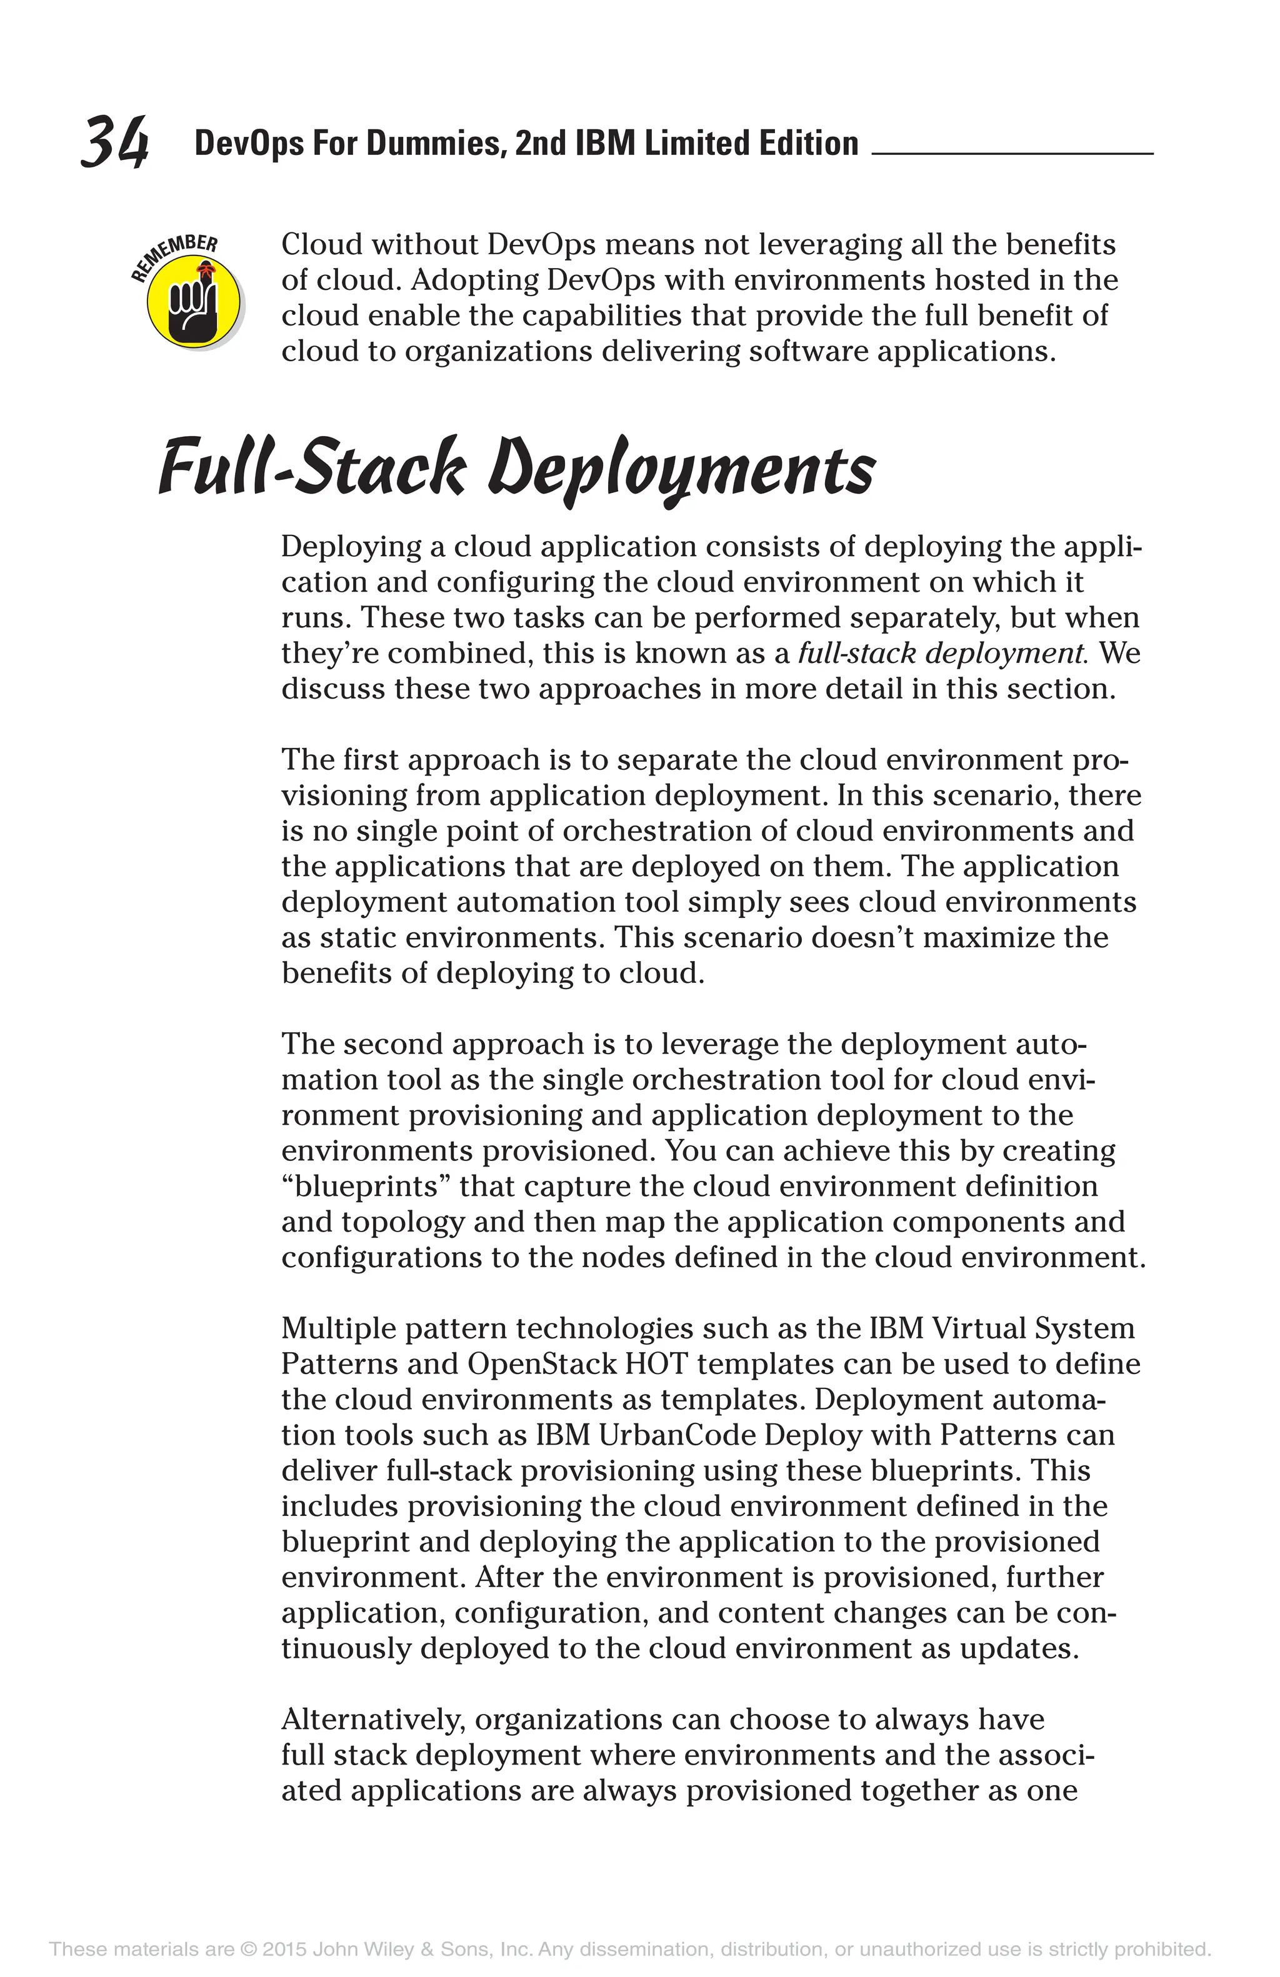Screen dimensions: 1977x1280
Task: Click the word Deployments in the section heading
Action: pyautogui.click(x=681, y=470)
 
